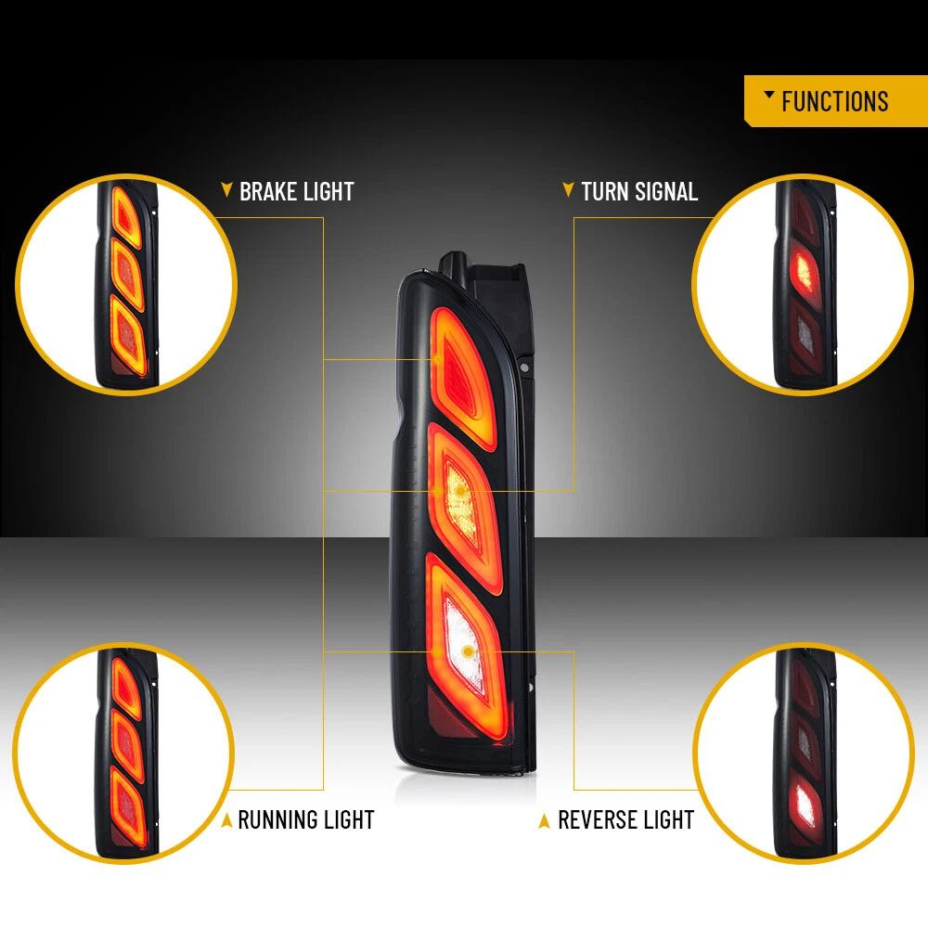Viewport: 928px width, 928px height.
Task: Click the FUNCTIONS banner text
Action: (x=834, y=101)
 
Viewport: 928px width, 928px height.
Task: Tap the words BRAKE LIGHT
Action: (x=297, y=192)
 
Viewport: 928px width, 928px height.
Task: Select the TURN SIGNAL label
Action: (x=639, y=192)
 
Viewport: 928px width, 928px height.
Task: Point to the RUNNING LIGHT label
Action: (x=306, y=819)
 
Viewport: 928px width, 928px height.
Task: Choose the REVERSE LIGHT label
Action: (x=626, y=820)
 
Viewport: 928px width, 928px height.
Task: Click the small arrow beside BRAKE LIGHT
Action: (x=226, y=191)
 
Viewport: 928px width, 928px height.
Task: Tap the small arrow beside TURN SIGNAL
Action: (x=568, y=191)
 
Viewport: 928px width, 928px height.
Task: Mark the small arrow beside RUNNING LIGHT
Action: (x=226, y=819)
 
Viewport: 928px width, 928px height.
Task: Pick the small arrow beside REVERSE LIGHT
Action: (x=545, y=820)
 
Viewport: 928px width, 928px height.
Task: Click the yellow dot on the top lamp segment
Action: (x=437, y=358)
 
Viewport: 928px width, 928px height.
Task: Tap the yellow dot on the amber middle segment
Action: (x=459, y=490)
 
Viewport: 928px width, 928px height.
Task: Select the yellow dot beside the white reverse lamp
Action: (x=436, y=651)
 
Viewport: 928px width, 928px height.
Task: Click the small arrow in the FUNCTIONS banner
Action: (x=768, y=96)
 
